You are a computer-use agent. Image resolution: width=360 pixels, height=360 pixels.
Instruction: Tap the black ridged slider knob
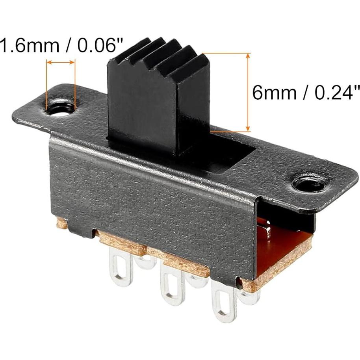158,98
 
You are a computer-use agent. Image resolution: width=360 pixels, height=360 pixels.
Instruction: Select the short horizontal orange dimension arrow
61,62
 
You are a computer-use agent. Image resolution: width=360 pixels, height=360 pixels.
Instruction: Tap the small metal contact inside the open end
265,229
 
